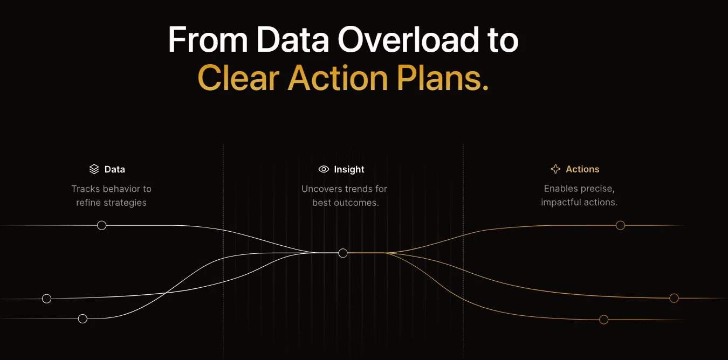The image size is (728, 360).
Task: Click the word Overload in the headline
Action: [408, 40]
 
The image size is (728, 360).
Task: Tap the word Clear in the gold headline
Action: [238, 78]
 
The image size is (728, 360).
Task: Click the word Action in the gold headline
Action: [338, 78]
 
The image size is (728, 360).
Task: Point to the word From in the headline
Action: [208, 40]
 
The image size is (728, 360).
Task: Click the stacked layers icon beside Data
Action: [94, 169]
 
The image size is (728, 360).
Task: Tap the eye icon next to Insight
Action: [324, 169]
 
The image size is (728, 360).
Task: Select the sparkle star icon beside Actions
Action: [555, 169]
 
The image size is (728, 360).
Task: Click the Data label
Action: [115, 169]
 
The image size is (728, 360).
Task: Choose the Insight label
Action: [349, 169]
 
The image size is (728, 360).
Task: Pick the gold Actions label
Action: [582, 169]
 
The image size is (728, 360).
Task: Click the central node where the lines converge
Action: [343, 253]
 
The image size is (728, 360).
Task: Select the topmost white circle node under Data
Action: [102, 225]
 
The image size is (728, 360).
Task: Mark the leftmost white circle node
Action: [47, 299]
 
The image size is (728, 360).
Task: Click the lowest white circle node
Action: [83, 319]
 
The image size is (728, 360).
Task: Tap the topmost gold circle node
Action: [621, 225]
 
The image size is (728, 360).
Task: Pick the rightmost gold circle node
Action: [674, 298]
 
